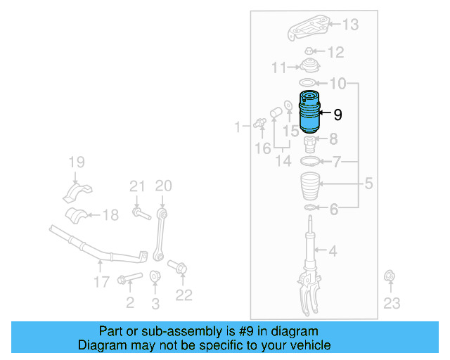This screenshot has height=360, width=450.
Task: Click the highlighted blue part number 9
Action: pyautogui.click(x=308, y=112)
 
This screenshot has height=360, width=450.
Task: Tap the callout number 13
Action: pyautogui.click(x=349, y=25)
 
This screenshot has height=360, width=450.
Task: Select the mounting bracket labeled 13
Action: pyautogui.click(x=309, y=30)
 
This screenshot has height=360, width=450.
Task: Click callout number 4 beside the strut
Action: pyautogui.click(x=333, y=250)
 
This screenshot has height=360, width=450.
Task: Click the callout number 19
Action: pyautogui.click(x=76, y=164)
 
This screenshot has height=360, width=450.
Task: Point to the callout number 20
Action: pyautogui.click(x=163, y=186)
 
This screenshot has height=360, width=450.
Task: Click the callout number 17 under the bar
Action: pyautogui.click(x=101, y=282)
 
